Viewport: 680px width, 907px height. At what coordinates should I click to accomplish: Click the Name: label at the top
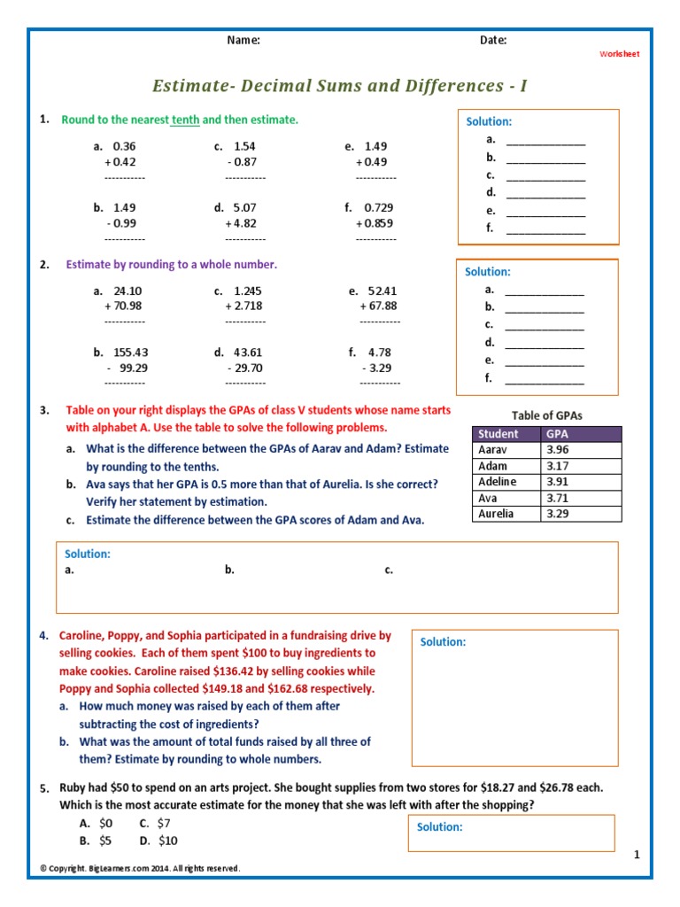[243, 40]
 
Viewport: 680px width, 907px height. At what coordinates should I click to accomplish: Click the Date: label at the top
[493, 40]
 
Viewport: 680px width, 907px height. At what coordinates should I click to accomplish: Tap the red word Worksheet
[619, 54]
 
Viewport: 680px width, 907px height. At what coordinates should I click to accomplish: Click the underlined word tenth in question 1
[185, 120]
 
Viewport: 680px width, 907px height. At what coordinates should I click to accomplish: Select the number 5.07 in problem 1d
[245, 207]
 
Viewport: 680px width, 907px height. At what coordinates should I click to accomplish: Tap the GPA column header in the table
[558, 434]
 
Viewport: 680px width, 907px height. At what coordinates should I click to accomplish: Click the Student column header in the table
[498, 434]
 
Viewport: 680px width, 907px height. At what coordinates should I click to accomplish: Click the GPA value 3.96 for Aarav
[558, 450]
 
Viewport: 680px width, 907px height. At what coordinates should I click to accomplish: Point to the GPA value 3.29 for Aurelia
[558, 514]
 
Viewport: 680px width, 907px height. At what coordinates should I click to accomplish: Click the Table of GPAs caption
[547, 415]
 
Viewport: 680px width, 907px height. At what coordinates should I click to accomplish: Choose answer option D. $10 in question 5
[158, 841]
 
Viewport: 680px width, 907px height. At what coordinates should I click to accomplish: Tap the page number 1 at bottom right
[636, 854]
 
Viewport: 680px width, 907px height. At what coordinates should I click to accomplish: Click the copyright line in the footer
[140, 869]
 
